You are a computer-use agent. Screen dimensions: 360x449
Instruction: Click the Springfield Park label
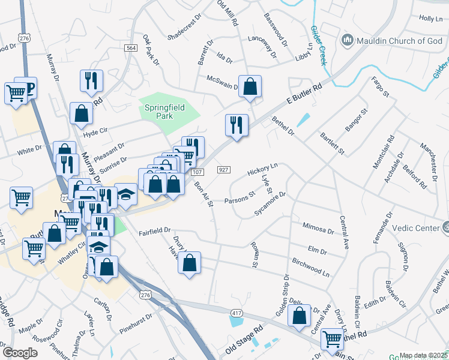(163, 112)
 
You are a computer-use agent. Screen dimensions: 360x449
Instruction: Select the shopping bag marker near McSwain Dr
(250, 87)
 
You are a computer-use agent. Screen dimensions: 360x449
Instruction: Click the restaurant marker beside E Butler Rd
(237, 125)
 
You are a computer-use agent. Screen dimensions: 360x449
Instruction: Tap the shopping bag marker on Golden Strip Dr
(299, 316)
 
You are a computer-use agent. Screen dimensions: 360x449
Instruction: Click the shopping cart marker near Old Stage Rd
(332, 340)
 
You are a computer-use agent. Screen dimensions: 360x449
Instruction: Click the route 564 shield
(131, 47)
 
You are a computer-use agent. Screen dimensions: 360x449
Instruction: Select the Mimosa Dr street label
(319, 229)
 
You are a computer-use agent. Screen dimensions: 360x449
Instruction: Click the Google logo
(20, 353)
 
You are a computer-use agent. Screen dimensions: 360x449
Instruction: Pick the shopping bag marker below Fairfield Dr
(189, 263)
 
